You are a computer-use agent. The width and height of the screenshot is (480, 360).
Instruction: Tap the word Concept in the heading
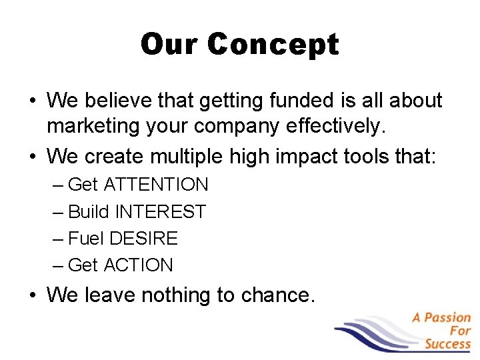tap(273, 45)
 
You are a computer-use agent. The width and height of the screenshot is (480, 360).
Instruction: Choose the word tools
tap(373, 157)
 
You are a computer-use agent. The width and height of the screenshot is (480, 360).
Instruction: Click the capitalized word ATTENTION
tap(156, 185)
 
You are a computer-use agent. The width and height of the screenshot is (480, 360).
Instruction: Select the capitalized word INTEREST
tap(161, 212)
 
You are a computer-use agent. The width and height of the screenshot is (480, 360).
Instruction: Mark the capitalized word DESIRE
tap(144, 239)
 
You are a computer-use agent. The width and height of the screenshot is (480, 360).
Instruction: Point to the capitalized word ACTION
tap(138, 265)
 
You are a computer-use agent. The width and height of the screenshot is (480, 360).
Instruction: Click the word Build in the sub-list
tap(89, 212)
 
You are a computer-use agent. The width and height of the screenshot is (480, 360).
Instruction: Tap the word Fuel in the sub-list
tap(86, 239)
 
